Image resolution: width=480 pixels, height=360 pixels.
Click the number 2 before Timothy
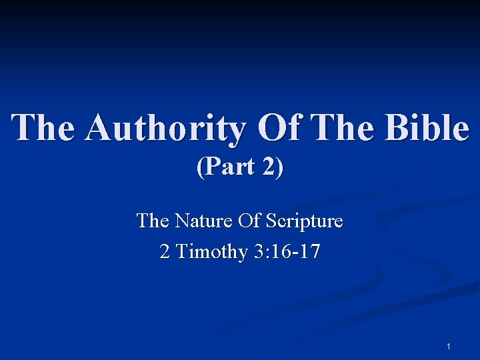tap(165, 252)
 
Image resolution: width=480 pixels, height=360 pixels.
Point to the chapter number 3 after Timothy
tap(257, 252)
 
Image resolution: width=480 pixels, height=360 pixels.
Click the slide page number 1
tap(449, 347)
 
